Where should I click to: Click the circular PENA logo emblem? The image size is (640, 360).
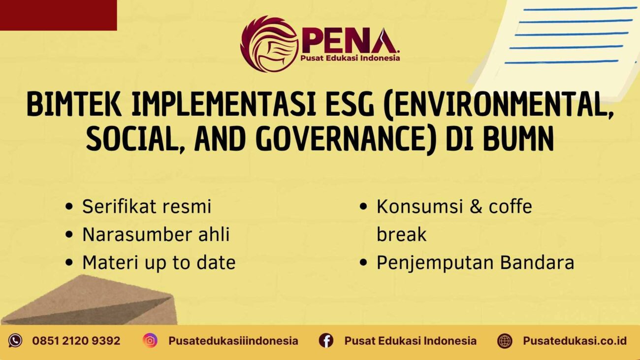(269, 44)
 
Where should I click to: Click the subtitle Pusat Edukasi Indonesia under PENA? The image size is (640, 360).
(350, 58)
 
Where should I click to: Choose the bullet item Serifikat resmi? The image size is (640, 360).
(146, 206)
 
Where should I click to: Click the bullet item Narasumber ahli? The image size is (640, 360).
(156, 234)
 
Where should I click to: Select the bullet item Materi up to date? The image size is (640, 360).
(159, 262)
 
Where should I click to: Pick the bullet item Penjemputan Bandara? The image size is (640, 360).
(475, 262)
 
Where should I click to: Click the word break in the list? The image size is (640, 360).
(401, 234)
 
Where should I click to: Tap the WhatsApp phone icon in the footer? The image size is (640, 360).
(15, 340)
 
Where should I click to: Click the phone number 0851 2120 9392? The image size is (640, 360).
(76, 340)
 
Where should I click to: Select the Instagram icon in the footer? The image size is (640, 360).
(150, 340)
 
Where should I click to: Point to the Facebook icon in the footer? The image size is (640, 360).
(326, 340)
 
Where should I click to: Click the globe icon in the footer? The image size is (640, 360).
(505, 340)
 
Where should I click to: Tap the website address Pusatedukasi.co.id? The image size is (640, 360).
(575, 340)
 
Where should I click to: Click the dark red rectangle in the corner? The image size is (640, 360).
(58, 15)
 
